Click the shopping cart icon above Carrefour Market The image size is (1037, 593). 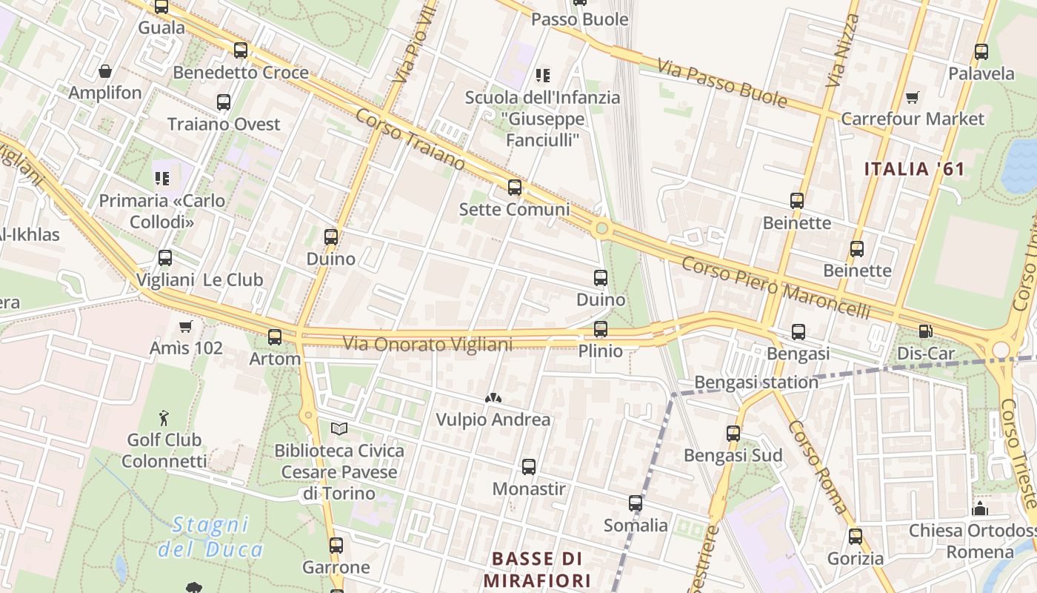(x=912, y=97)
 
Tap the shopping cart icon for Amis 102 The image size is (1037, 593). (x=186, y=326)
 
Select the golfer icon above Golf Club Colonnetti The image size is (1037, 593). (x=164, y=419)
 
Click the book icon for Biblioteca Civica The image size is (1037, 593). (x=339, y=428)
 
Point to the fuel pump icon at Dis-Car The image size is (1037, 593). (x=925, y=331)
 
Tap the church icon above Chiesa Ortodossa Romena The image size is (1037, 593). (x=981, y=508)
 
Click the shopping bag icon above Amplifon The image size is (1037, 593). (x=105, y=71)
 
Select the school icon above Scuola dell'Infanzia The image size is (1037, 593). (x=543, y=75)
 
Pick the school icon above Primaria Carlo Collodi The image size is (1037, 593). (x=162, y=178)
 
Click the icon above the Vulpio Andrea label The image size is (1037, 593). (x=493, y=398)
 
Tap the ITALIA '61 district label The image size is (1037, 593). (x=915, y=169)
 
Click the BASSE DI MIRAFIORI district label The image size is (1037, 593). (x=537, y=569)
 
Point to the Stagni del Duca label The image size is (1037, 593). (x=210, y=537)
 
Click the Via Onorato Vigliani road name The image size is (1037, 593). (x=427, y=344)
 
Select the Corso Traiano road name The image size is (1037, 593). (x=410, y=139)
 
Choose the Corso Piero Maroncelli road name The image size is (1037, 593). (x=776, y=288)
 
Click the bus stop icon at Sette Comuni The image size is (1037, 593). (x=515, y=188)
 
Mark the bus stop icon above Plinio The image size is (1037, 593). (x=601, y=328)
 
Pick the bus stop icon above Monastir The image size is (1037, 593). (x=529, y=467)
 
